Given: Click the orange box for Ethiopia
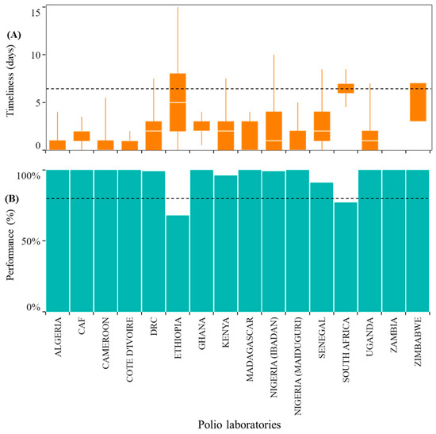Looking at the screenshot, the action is (178, 102).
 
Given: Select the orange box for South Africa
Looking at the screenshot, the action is (346, 88).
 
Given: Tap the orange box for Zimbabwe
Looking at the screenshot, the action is (418, 102).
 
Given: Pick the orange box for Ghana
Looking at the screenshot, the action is (201, 126).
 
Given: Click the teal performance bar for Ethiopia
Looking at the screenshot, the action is (178, 263).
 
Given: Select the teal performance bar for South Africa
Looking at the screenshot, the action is (346, 257).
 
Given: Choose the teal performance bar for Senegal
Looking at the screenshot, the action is (322, 248).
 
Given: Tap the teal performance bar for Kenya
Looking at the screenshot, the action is (225, 244).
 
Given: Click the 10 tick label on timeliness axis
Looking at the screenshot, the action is (36, 55).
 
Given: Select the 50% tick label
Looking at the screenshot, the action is (31, 241).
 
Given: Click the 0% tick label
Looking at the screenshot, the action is (33, 308).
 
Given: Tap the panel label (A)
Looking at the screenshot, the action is (14, 35).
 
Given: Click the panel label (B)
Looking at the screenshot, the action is (13, 199).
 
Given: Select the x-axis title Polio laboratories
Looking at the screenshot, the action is (239, 424).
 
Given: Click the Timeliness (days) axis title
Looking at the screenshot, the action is (10, 80).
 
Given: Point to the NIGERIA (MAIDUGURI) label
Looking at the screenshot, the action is (298, 366).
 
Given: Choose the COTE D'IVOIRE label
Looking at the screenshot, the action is (129, 350).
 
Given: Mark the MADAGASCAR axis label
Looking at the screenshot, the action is (250, 349).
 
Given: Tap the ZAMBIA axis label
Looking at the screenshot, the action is (394, 335).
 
